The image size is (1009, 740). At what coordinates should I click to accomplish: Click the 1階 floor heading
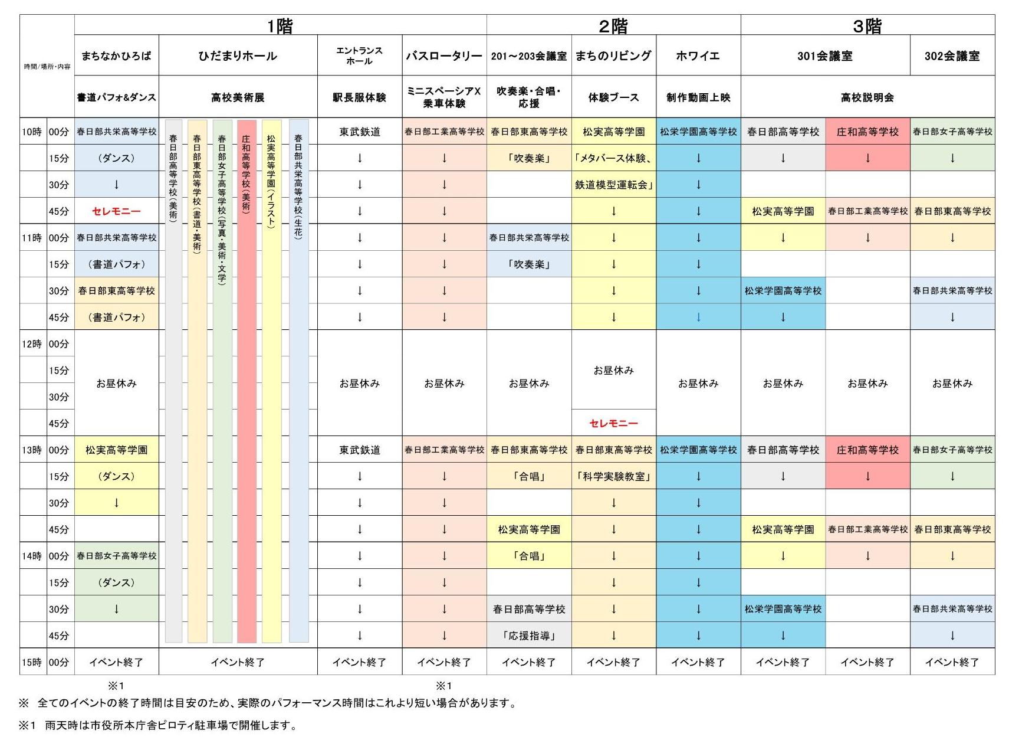pyautogui.click(x=280, y=26)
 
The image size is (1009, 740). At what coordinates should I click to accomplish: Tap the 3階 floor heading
pyautogui.click(x=867, y=26)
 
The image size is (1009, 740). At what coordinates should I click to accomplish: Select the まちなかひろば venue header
pyautogui.click(x=116, y=56)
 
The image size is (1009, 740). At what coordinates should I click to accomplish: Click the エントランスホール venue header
pyautogui.click(x=359, y=56)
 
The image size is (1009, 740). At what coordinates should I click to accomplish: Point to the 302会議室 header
pyautogui.click(x=952, y=56)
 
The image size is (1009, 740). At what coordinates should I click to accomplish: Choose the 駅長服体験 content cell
pyautogui.click(x=359, y=97)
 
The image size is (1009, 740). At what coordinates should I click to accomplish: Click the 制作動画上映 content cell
pyautogui.click(x=698, y=97)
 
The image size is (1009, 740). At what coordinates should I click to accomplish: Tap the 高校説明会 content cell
pyautogui.click(x=867, y=97)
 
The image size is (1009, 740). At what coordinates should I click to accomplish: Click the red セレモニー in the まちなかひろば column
pyautogui.click(x=116, y=211)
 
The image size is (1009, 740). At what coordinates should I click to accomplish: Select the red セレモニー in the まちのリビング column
pyautogui.click(x=613, y=423)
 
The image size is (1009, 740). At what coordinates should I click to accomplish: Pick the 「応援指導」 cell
pyautogui.click(x=529, y=636)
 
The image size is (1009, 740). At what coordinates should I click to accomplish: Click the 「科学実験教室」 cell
pyautogui.click(x=613, y=476)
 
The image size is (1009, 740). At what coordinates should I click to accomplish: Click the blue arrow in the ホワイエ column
pyautogui.click(x=698, y=317)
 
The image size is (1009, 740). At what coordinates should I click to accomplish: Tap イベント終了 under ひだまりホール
pyautogui.click(x=238, y=662)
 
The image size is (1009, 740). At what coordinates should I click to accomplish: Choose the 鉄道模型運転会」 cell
pyautogui.click(x=613, y=185)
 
